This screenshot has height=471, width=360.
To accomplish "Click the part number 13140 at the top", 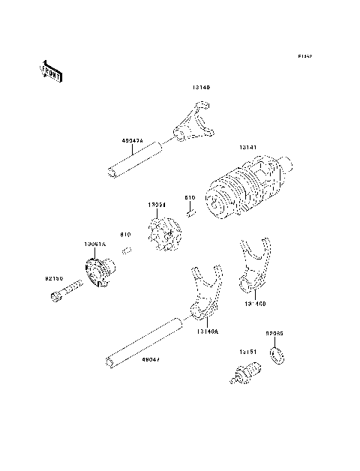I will point(200,88).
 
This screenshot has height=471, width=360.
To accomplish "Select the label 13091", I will point(156,203).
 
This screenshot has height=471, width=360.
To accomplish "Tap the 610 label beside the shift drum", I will point(190,199).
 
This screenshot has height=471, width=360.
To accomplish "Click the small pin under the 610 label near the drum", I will point(191,212).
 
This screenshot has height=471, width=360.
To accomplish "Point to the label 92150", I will point(52,278).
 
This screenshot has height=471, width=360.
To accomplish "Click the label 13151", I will point(249,350).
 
